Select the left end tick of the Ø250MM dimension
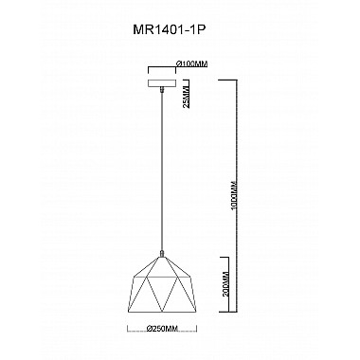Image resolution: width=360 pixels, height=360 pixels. pos(129,330)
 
